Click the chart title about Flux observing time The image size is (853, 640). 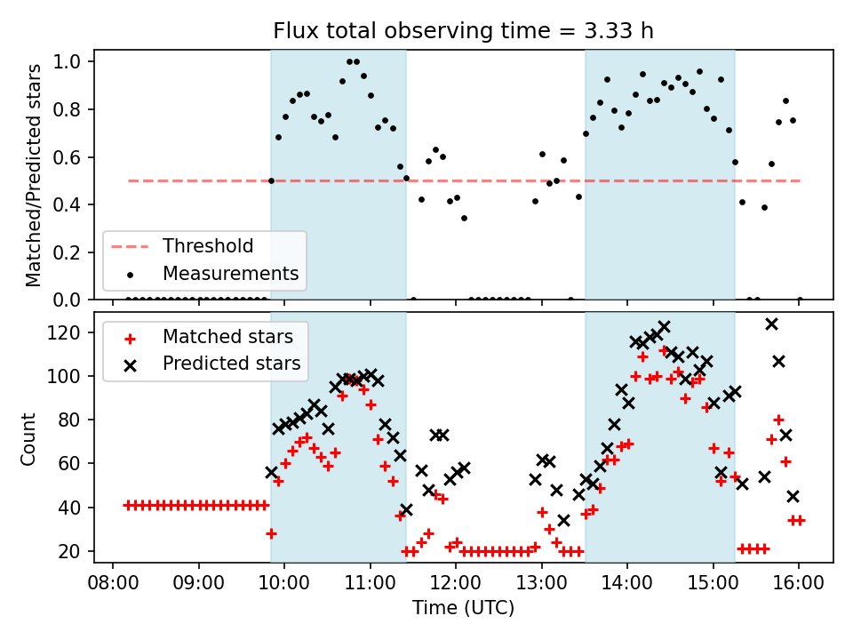tap(463, 31)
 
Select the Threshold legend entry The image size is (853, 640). tap(207, 246)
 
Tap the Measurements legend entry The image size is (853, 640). tap(229, 272)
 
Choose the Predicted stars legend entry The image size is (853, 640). tap(231, 364)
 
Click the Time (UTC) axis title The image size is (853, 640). tap(463, 609)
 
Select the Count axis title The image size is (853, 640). tap(29, 437)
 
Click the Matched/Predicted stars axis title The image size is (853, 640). tap(34, 175)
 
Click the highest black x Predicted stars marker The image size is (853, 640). tap(771, 324)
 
